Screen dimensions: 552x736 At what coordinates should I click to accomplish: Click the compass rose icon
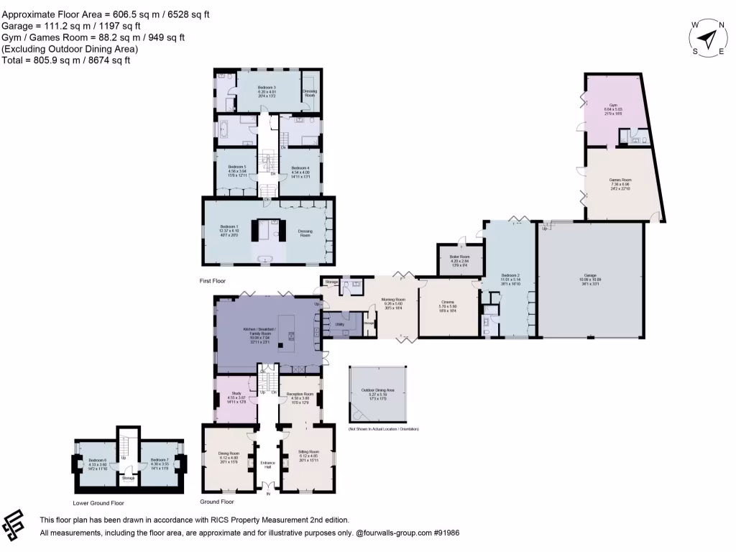[708, 37]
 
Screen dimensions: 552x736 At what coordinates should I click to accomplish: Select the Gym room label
[613, 105]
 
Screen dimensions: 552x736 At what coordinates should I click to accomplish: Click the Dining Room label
[228, 453]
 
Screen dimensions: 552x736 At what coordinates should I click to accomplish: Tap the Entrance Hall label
[269, 464]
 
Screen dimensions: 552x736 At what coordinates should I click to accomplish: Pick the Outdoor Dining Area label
[382, 391]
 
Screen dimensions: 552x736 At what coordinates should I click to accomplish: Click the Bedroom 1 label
[229, 226]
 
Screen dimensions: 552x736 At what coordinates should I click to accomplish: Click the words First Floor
[213, 281]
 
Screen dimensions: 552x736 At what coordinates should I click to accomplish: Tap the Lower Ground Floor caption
[98, 503]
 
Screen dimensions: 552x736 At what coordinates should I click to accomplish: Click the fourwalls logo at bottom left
[16, 526]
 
